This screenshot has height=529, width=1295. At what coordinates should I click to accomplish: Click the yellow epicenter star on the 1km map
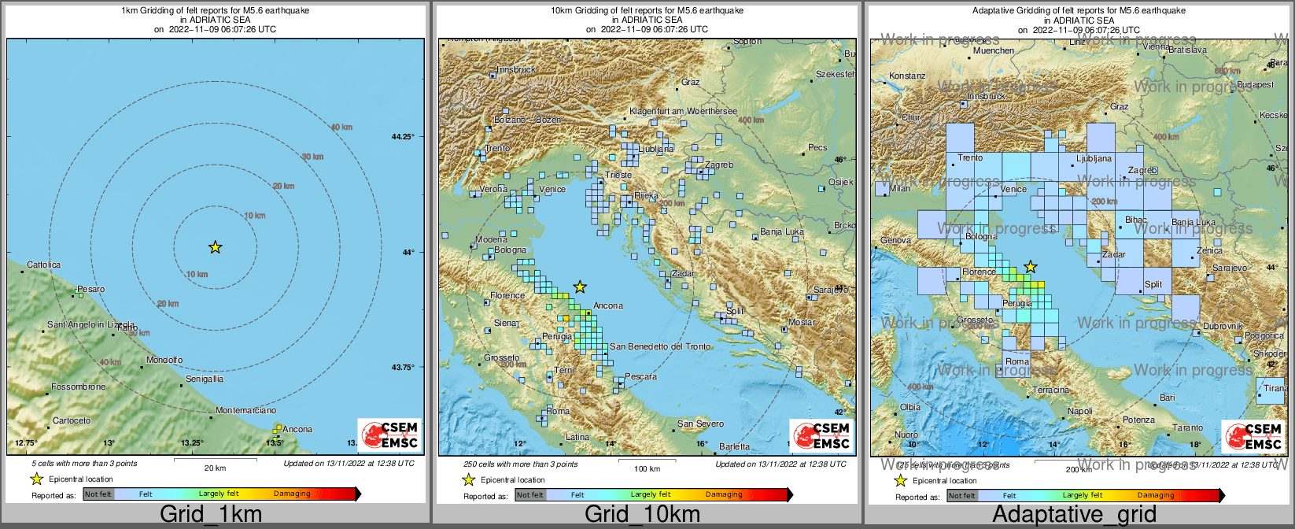tap(215, 247)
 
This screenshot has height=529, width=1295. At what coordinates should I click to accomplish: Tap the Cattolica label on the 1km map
tap(43, 265)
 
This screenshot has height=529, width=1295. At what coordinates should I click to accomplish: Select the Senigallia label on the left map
tap(204, 379)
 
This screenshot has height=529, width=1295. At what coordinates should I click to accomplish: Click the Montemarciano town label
tap(245, 411)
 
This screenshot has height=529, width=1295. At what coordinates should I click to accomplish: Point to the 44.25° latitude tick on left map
tap(402, 137)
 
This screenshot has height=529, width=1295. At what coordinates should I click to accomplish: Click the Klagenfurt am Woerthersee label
tap(683, 112)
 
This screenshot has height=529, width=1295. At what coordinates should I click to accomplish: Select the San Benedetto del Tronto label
tap(660, 346)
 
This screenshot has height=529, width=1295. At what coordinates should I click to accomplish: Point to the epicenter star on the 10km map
tap(580, 287)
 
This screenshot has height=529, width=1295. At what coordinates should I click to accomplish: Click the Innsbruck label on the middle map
tap(515, 70)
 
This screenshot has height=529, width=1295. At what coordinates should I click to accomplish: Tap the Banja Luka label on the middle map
tap(781, 232)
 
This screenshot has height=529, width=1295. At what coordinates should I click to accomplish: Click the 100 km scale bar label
tap(647, 469)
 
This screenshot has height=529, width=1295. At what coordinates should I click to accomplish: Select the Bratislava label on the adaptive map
tap(1187, 50)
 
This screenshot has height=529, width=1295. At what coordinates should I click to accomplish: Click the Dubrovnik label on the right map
tap(1223, 326)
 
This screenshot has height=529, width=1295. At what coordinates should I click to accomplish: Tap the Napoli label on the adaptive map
tap(1080, 411)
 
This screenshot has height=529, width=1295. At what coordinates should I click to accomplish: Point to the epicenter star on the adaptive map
tap(1030, 267)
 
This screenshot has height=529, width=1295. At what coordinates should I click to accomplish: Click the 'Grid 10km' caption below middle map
tap(642, 515)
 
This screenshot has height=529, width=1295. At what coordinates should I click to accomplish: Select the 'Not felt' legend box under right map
tap(962, 496)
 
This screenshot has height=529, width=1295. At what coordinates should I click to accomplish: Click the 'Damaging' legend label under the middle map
tap(724, 495)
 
